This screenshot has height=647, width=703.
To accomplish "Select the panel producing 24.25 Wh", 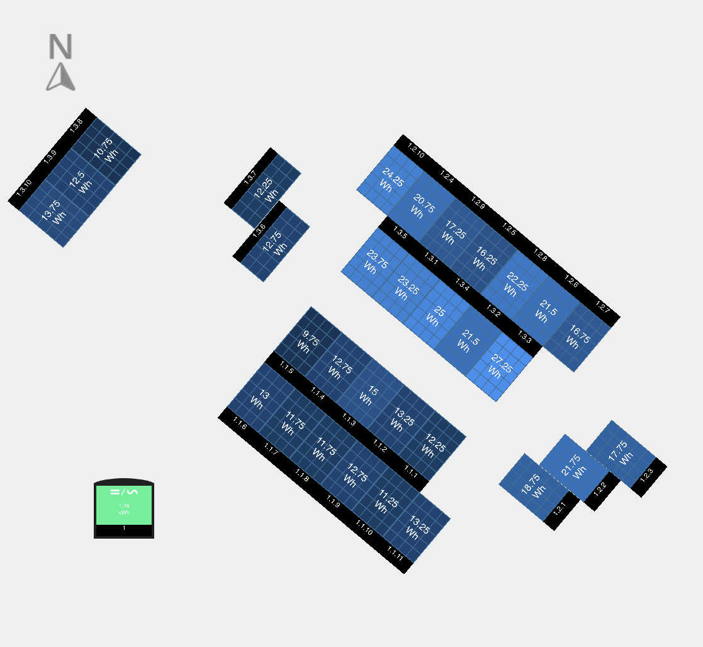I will [x=390, y=180].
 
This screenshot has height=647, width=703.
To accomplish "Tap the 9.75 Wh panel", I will [x=307, y=341].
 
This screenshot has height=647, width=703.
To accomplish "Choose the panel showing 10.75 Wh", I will [x=107, y=150].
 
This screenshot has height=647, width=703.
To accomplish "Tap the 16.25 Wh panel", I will [x=483, y=259].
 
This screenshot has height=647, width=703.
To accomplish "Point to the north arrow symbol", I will [x=60, y=77].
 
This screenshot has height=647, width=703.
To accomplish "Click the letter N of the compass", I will [x=60, y=47].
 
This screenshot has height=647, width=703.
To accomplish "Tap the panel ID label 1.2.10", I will [x=416, y=151].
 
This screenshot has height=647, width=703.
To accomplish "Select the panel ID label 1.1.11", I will [x=395, y=555].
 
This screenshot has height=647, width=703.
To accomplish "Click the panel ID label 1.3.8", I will [x=76, y=125].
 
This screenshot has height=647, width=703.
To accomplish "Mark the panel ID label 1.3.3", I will [x=524, y=337].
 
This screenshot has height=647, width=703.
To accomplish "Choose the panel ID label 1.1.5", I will [x=286, y=369].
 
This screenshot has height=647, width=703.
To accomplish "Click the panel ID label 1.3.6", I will [x=259, y=231].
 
